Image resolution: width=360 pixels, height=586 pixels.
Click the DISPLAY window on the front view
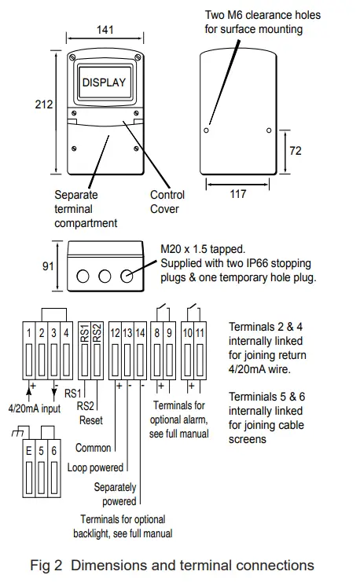(x=104, y=82)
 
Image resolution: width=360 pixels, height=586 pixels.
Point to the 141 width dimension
(x=105, y=30)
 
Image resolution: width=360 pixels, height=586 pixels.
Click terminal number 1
(x=29, y=334)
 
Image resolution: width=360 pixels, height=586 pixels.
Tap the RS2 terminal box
(x=97, y=334)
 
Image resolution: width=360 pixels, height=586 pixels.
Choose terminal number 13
(x=127, y=334)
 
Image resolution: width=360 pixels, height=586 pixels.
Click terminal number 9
(x=169, y=334)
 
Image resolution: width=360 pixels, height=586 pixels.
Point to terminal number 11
(x=200, y=334)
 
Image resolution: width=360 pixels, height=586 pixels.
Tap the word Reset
(x=90, y=420)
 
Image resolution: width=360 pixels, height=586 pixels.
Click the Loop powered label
(x=97, y=467)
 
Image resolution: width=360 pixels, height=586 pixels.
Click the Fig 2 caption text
(x=171, y=566)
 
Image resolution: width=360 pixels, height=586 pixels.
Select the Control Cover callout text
(x=167, y=202)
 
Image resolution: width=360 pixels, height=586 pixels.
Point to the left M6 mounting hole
(x=207, y=130)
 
